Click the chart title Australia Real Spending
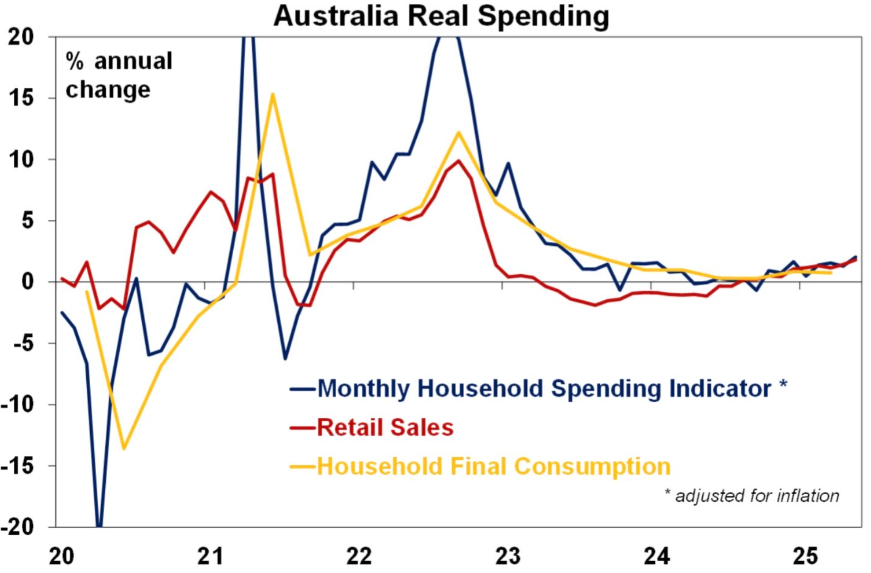[x=441, y=16]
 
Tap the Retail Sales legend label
[x=385, y=427]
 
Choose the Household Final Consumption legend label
[x=494, y=466]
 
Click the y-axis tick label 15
[x=22, y=98]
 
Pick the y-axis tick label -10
[x=18, y=405]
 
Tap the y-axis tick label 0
[x=28, y=282]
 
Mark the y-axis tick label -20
[x=18, y=527]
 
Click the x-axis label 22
[x=359, y=555]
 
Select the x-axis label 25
[x=805, y=555]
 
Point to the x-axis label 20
[x=62, y=555]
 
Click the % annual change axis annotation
[x=119, y=75]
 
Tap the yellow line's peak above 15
[x=273, y=94]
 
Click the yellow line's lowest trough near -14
[x=124, y=448]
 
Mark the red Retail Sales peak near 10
[x=458, y=161]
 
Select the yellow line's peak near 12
[x=458, y=132]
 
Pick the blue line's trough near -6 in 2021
[x=285, y=359]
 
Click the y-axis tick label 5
[x=28, y=221]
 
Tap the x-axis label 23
[x=508, y=555]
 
